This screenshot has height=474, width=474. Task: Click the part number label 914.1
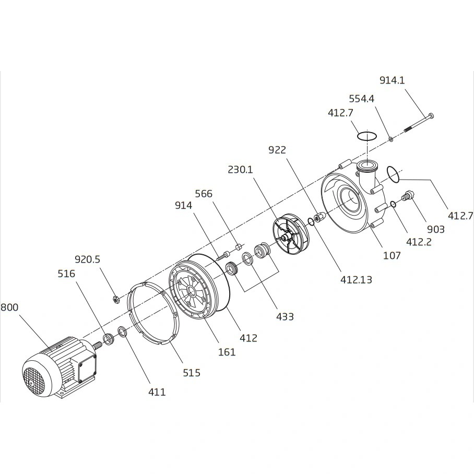[392, 80]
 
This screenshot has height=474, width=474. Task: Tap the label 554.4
[361, 99]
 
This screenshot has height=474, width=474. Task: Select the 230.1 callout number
[240, 170]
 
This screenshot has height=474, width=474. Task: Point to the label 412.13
[356, 280]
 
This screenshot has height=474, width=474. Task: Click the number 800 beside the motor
[9, 307]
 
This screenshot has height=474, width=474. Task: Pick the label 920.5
[87, 259]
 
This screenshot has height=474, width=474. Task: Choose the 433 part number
[285, 316]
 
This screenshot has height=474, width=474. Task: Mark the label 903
[435, 230]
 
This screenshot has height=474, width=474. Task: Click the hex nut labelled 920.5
[115, 300]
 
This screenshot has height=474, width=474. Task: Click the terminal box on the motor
[87, 368]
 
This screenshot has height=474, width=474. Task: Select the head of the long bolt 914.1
[431, 116]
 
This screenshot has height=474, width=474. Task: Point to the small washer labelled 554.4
[390, 139]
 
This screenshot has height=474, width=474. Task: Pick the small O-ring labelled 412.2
[393, 205]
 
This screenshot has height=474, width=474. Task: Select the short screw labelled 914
[222, 256]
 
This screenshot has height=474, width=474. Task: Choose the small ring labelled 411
[122, 331]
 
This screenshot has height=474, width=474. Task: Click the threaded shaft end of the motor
[98, 345]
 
